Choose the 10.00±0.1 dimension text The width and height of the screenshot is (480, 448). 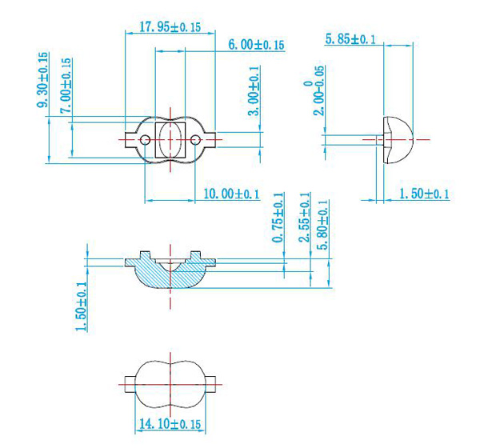[232, 194]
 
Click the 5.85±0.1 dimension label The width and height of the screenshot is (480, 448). [350, 38]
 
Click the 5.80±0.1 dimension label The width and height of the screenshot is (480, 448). [322, 226]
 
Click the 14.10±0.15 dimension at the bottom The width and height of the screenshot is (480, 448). [170, 423]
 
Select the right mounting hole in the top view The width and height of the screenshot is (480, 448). [197, 140]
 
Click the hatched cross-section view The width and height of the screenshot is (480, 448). [170, 272]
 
